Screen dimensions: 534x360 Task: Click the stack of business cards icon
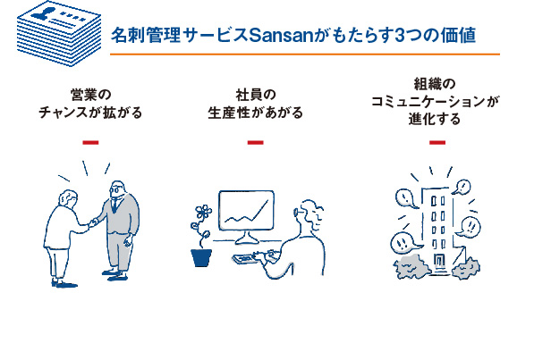point(59,34)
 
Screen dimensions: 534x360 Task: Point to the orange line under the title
point(305,54)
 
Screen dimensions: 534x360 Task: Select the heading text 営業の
point(91,95)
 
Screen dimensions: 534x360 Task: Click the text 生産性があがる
point(256,113)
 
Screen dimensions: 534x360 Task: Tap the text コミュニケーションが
point(436,102)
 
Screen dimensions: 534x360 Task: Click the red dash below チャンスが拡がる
point(90,143)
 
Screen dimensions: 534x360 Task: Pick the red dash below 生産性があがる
point(256,143)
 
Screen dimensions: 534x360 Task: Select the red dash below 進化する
point(437,143)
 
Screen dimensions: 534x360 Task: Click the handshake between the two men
point(93,223)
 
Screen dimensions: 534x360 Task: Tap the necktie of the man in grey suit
point(114,204)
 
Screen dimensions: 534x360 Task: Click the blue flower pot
point(201,257)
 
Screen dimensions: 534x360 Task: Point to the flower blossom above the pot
point(204,213)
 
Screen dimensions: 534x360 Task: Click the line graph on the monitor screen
point(247,213)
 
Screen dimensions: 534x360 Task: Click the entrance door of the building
point(439,261)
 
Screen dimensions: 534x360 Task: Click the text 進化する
point(435,119)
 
